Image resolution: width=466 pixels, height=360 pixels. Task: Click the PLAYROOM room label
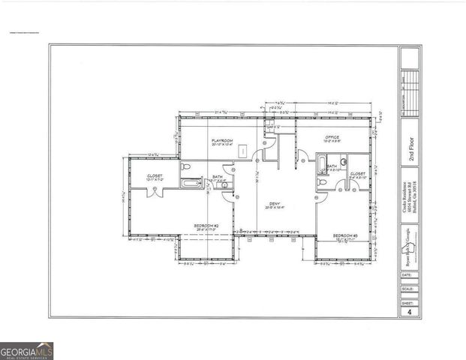(x=222, y=140)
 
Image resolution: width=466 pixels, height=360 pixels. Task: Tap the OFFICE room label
(x=332, y=138)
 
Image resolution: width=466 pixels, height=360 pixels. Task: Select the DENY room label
(x=275, y=203)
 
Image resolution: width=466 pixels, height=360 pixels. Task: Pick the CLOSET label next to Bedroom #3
(x=358, y=173)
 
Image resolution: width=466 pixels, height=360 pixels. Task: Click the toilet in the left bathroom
(x=187, y=167)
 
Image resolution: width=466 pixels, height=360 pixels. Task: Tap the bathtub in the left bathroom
(x=193, y=182)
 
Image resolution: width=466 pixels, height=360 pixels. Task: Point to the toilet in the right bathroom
(x=343, y=160)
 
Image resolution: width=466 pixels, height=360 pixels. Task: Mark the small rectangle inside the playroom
(x=244, y=151)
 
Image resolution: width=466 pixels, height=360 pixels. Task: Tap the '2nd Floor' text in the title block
(x=410, y=149)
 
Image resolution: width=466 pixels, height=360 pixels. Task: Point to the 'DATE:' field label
(x=405, y=275)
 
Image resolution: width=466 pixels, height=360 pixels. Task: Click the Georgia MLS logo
(x=27, y=350)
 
